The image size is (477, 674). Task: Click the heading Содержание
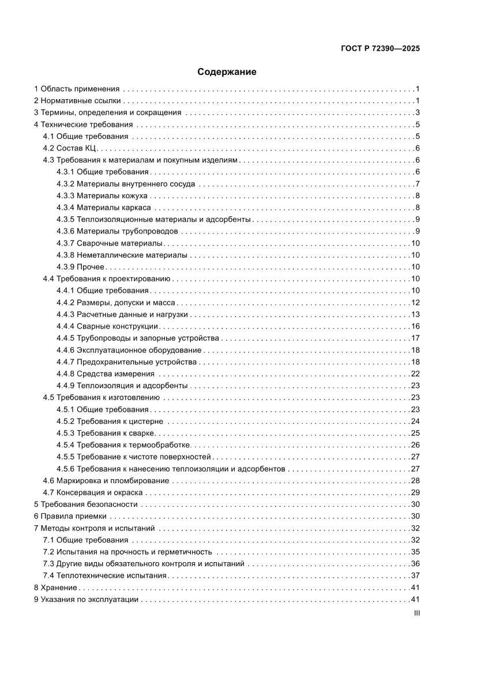[x=227, y=72]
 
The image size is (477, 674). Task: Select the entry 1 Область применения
[x=77, y=89]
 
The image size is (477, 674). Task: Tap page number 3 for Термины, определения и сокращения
[x=417, y=112]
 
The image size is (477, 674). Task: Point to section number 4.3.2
[x=65, y=184]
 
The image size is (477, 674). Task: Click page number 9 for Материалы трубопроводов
[x=417, y=231]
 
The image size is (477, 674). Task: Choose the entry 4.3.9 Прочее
[x=80, y=267]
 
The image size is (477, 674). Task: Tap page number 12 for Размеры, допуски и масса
[x=415, y=303]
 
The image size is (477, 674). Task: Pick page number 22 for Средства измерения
[x=415, y=374]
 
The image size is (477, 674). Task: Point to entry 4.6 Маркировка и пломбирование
[x=106, y=480]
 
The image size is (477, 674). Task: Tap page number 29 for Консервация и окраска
[x=415, y=492]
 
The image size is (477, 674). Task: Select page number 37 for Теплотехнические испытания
[x=415, y=575]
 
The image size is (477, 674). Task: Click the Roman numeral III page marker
[x=416, y=614]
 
